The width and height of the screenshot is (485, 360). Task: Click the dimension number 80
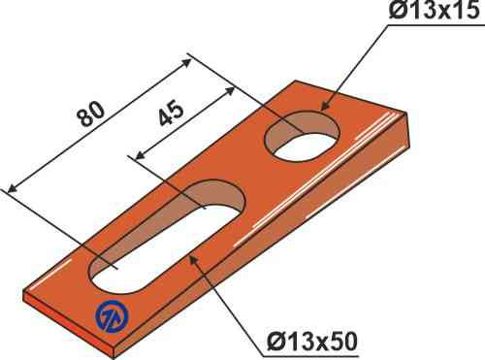pos(92,115)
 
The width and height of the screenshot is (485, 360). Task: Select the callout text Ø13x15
pos(434,11)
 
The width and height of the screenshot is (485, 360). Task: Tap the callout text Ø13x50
pos(312,342)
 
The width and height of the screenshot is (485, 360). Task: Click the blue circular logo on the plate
pos(112,316)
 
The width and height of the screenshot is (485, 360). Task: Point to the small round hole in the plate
pos(303,135)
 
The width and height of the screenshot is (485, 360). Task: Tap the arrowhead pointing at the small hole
pos(326,107)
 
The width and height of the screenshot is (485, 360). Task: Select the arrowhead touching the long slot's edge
pos(193,259)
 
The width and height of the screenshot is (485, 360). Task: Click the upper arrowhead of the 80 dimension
pos(186,63)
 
